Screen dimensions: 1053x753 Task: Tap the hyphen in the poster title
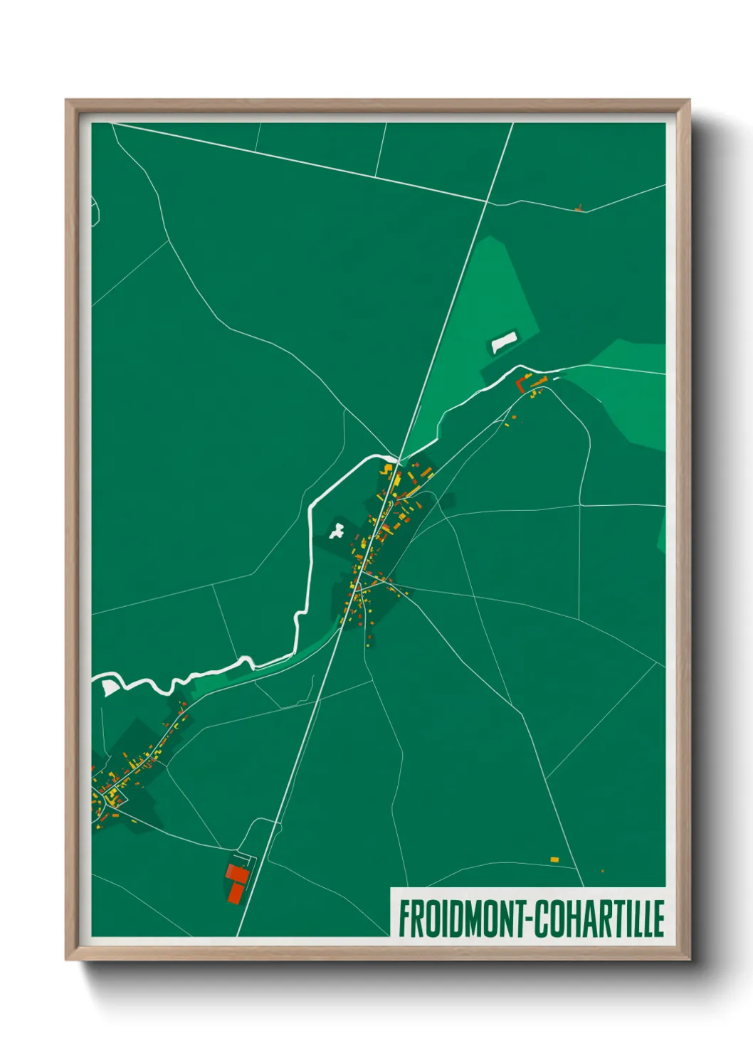pos(530,919)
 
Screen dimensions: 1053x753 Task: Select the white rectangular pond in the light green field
pos(504,342)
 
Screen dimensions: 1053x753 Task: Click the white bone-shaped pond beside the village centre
pos(336,530)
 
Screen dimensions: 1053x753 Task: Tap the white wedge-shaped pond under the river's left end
pos(109,687)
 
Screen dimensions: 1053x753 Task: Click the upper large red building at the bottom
pos(236,873)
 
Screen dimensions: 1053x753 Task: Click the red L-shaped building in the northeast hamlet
pos(520,385)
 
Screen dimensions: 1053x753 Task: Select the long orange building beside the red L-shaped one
pos(539,383)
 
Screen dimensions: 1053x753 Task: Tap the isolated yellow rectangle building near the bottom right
pos(554,859)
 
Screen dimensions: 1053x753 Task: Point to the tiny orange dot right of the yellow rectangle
pos(602,870)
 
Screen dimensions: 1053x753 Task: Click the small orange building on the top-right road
pos(579,208)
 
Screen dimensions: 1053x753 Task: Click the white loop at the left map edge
pos(95,211)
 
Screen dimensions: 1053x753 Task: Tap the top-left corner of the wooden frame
pos(68,102)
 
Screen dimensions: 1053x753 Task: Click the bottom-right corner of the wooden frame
pos(688,958)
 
